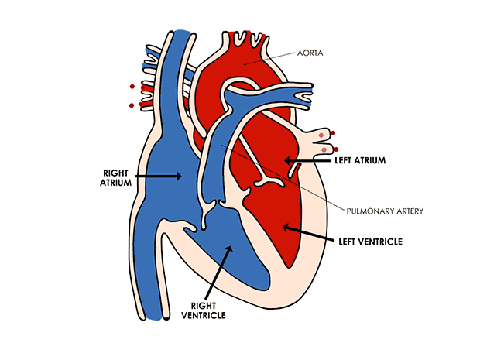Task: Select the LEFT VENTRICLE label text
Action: pyautogui.click(x=371, y=242)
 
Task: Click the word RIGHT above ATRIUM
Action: pyautogui.click(x=117, y=171)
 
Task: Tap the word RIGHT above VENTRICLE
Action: pyautogui.click(x=203, y=305)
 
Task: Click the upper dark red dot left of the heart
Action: pyautogui.click(x=132, y=87)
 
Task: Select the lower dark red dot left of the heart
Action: pyautogui.click(x=132, y=105)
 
